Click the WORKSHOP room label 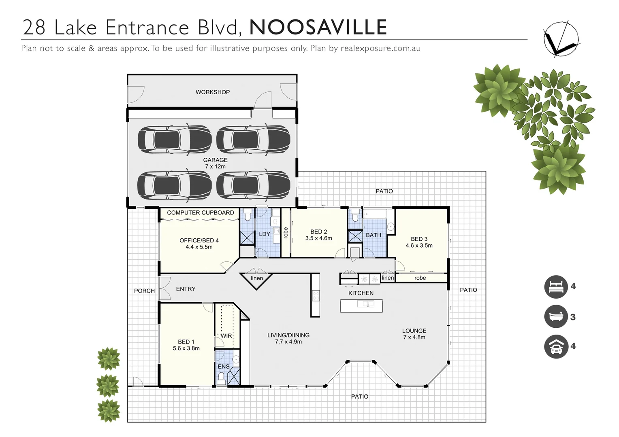(213, 92)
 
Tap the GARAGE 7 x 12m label (215, 163)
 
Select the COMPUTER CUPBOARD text (201, 212)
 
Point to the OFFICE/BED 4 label (199, 244)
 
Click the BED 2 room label (319, 235)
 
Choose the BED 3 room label (419, 242)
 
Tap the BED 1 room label (186, 345)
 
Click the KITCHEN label (361, 293)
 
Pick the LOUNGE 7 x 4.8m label (414, 334)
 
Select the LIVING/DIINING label (288, 338)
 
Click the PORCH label (144, 291)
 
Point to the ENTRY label (186, 289)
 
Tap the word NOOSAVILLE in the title (318, 28)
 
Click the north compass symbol (561, 38)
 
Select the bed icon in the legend (556, 287)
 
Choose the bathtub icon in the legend (556, 316)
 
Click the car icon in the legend (556, 346)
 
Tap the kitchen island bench (361, 305)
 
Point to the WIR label (226, 336)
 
